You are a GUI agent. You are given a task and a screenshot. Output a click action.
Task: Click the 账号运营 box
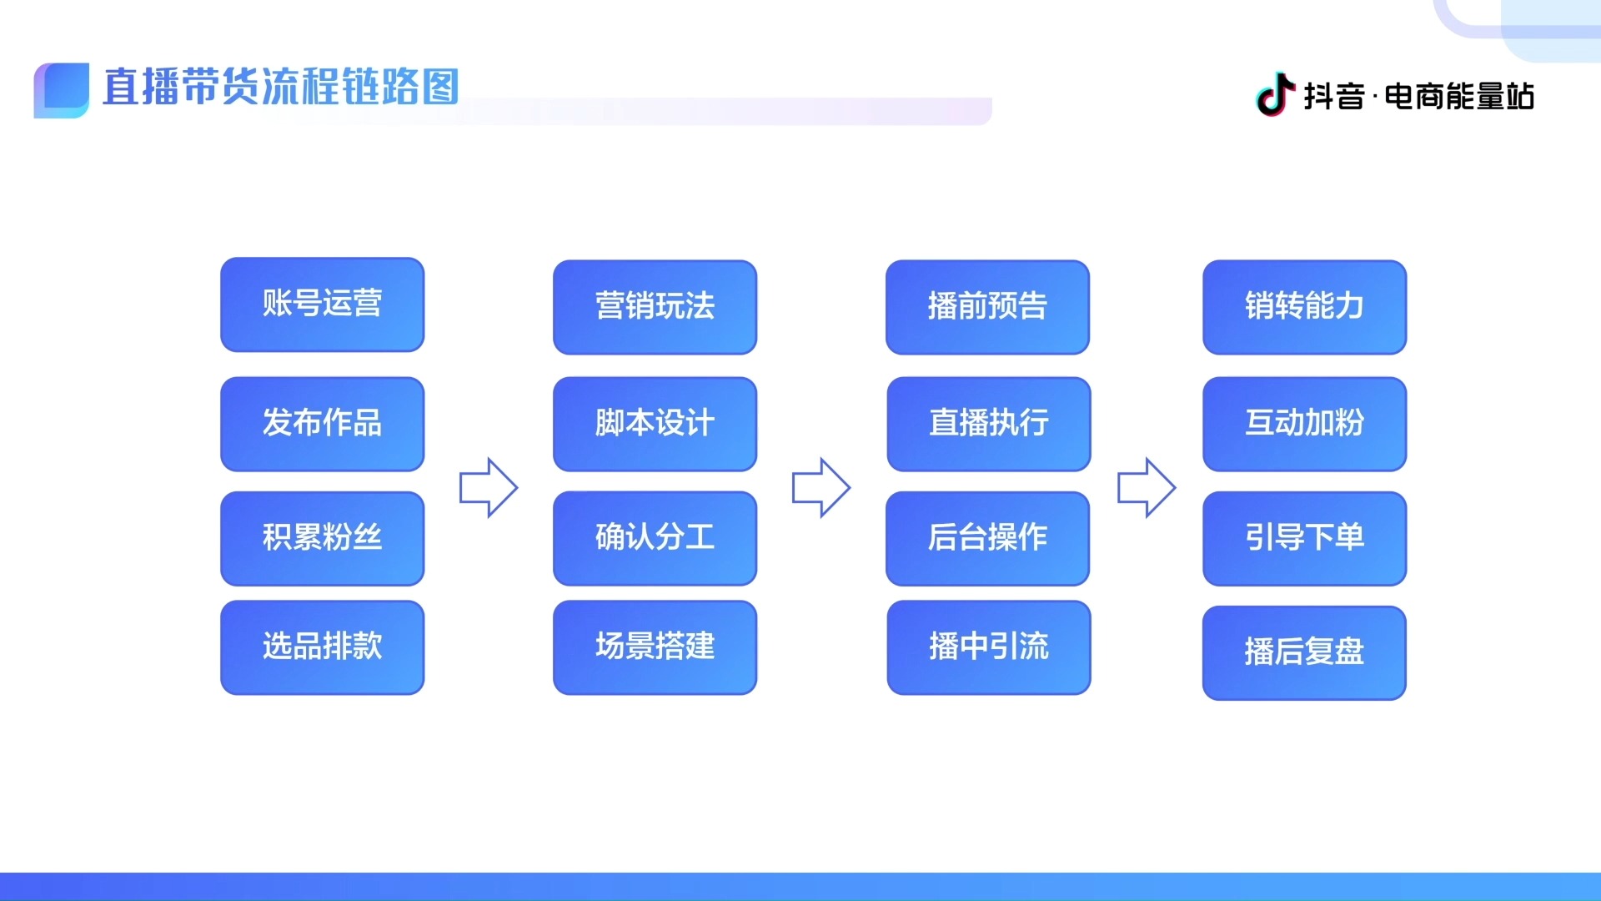(322, 305)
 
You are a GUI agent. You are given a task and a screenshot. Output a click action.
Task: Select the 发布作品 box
(322, 424)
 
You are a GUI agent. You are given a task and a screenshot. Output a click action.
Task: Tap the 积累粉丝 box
(322, 538)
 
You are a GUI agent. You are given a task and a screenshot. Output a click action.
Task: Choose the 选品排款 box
(322, 647)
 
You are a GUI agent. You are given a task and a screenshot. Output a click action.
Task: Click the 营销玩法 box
(655, 307)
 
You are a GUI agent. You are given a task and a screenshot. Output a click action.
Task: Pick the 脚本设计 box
(655, 424)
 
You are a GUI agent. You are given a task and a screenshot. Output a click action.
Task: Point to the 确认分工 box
(655, 538)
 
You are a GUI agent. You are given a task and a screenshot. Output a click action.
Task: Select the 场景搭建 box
(655, 647)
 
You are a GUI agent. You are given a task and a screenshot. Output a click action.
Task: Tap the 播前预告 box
(987, 307)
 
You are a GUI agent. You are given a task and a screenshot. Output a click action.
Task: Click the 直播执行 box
(988, 424)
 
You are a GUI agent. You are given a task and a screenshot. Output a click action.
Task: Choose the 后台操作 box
(987, 538)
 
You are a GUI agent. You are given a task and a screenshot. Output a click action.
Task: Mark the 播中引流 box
(988, 647)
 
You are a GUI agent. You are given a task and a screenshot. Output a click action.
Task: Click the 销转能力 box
(1304, 307)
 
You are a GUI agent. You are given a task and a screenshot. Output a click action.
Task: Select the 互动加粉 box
(1304, 424)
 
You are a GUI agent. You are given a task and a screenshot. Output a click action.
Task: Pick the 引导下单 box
(1304, 538)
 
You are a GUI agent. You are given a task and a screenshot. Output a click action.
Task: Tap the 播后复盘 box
(1304, 652)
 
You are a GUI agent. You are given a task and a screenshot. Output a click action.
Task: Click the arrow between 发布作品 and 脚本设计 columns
(489, 487)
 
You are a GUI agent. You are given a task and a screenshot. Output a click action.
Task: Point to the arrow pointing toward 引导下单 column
(1147, 487)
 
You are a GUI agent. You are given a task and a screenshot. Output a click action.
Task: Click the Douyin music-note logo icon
(1275, 94)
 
